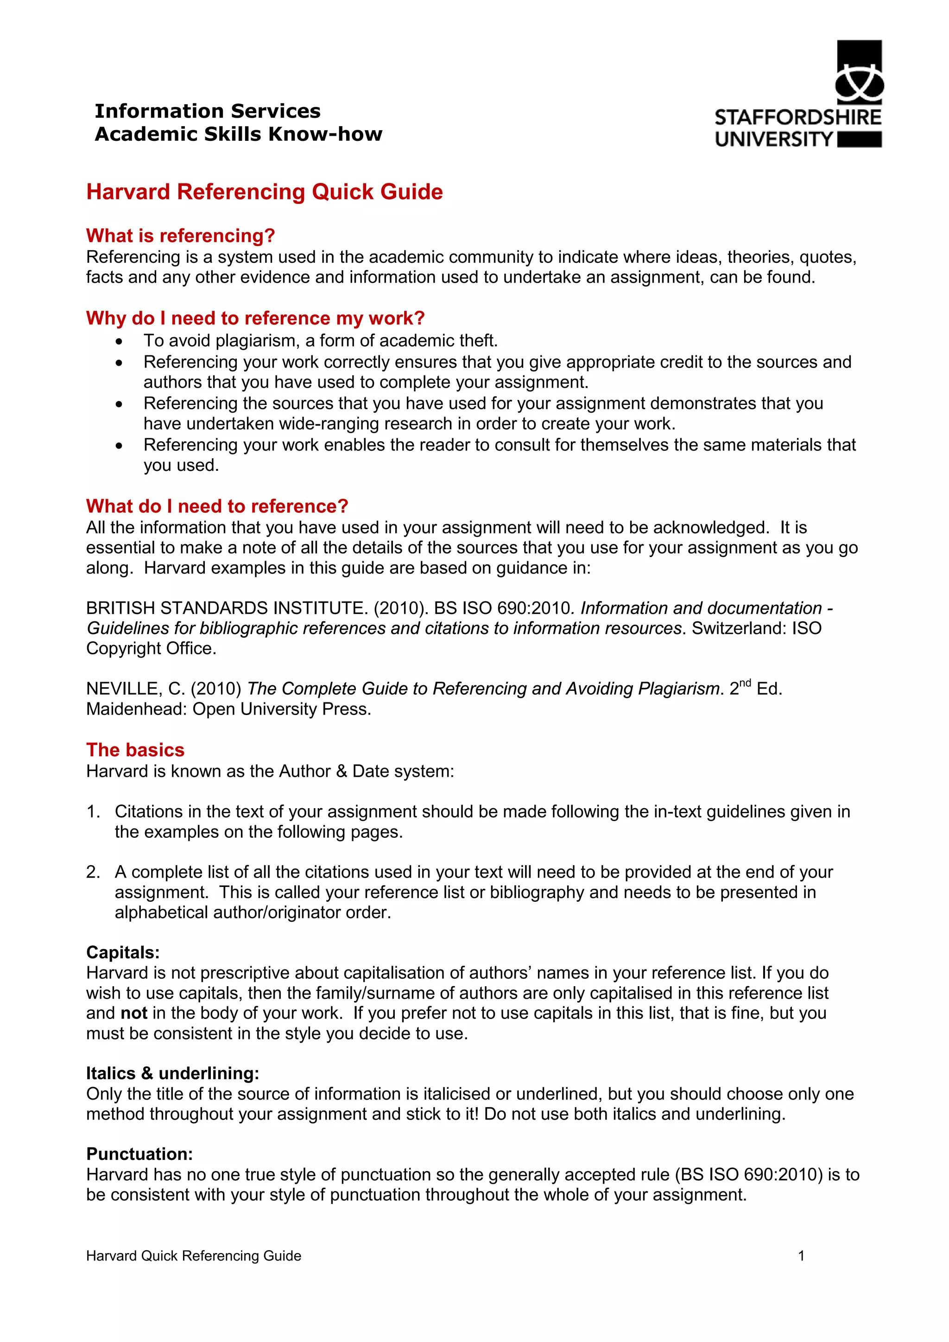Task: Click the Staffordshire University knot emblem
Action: pyautogui.click(x=859, y=82)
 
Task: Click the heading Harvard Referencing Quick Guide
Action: pyautogui.click(x=264, y=192)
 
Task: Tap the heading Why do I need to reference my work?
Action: pyautogui.click(x=255, y=318)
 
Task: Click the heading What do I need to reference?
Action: pyautogui.click(x=217, y=506)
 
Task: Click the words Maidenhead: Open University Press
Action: pyautogui.click(x=228, y=709)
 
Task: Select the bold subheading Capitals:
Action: pyautogui.click(x=123, y=952)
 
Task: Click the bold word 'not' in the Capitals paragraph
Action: pyautogui.click(x=133, y=1013)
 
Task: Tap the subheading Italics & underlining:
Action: pyautogui.click(x=172, y=1073)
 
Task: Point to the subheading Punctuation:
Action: pyautogui.click(x=139, y=1154)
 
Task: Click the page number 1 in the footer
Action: pyautogui.click(x=801, y=1255)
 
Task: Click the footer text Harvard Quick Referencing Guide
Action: pyautogui.click(x=193, y=1255)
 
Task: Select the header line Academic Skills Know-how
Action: pyautogui.click(x=239, y=134)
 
